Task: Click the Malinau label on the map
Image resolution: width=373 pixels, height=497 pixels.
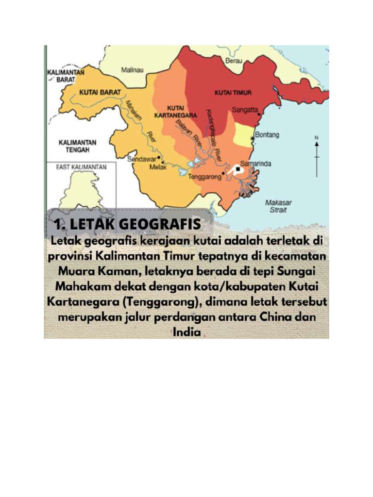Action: pyautogui.click(x=132, y=70)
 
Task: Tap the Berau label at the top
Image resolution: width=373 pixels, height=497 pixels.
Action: pyautogui.click(x=234, y=61)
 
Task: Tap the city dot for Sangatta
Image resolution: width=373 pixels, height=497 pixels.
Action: pyautogui.click(x=260, y=115)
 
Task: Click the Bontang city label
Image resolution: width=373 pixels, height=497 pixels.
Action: pyautogui.click(x=267, y=135)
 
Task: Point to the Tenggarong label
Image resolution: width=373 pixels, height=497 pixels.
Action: pyautogui.click(x=204, y=176)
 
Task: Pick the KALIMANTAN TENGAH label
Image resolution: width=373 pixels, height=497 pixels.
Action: pyautogui.click(x=77, y=146)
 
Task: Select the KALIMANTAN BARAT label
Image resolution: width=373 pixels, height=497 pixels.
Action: pyautogui.click(x=66, y=76)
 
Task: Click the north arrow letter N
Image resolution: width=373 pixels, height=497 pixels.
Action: pyautogui.click(x=317, y=138)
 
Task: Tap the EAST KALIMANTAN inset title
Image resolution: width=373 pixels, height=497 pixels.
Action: pyautogui.click(x=81, y=167)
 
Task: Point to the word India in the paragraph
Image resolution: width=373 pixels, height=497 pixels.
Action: pyautogui.click(x=186, y=333)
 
